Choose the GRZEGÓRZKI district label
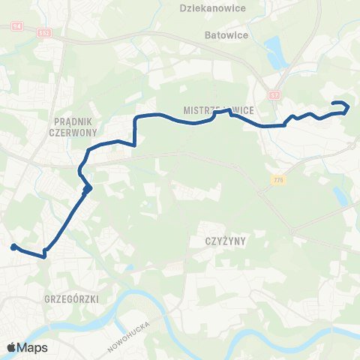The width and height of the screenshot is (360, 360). [x=71, y=298]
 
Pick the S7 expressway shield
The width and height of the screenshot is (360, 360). [x=275, y=95]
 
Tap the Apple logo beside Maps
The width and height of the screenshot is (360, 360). [x=10, y=347]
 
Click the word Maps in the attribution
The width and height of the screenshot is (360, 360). [x=32, y=348]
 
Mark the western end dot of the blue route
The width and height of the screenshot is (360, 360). [x=13, y=247]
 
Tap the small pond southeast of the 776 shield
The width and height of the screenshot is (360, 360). [x=341, y=196]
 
